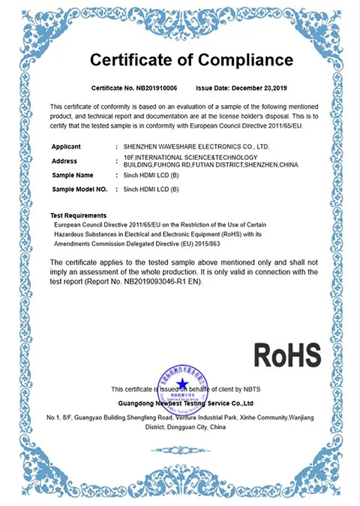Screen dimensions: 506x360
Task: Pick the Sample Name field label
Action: (73, 175)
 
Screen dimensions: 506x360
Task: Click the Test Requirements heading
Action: (78, 215)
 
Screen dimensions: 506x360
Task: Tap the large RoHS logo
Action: (286, 354)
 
